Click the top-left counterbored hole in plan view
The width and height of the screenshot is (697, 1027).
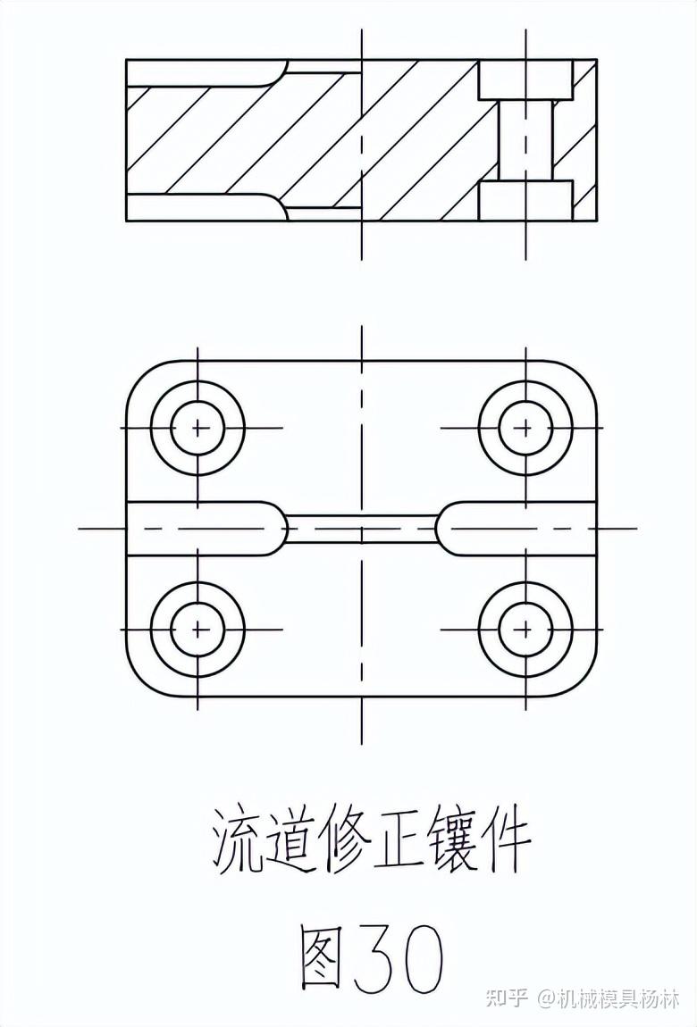point(197,428)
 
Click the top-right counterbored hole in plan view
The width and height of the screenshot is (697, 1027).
point(525,428)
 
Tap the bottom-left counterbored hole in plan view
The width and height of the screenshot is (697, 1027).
point(197,629)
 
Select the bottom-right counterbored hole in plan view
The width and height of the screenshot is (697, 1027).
point(525,629)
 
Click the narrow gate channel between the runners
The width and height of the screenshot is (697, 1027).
point(361,528)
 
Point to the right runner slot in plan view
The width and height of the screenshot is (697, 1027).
point(518,528)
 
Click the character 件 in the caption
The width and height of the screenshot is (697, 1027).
point(506,840)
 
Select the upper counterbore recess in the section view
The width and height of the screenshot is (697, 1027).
point(525,79)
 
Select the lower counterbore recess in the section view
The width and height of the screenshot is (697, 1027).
point(525,200)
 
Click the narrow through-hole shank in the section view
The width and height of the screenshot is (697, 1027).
point(525,140)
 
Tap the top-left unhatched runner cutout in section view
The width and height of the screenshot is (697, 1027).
point(206,72)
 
